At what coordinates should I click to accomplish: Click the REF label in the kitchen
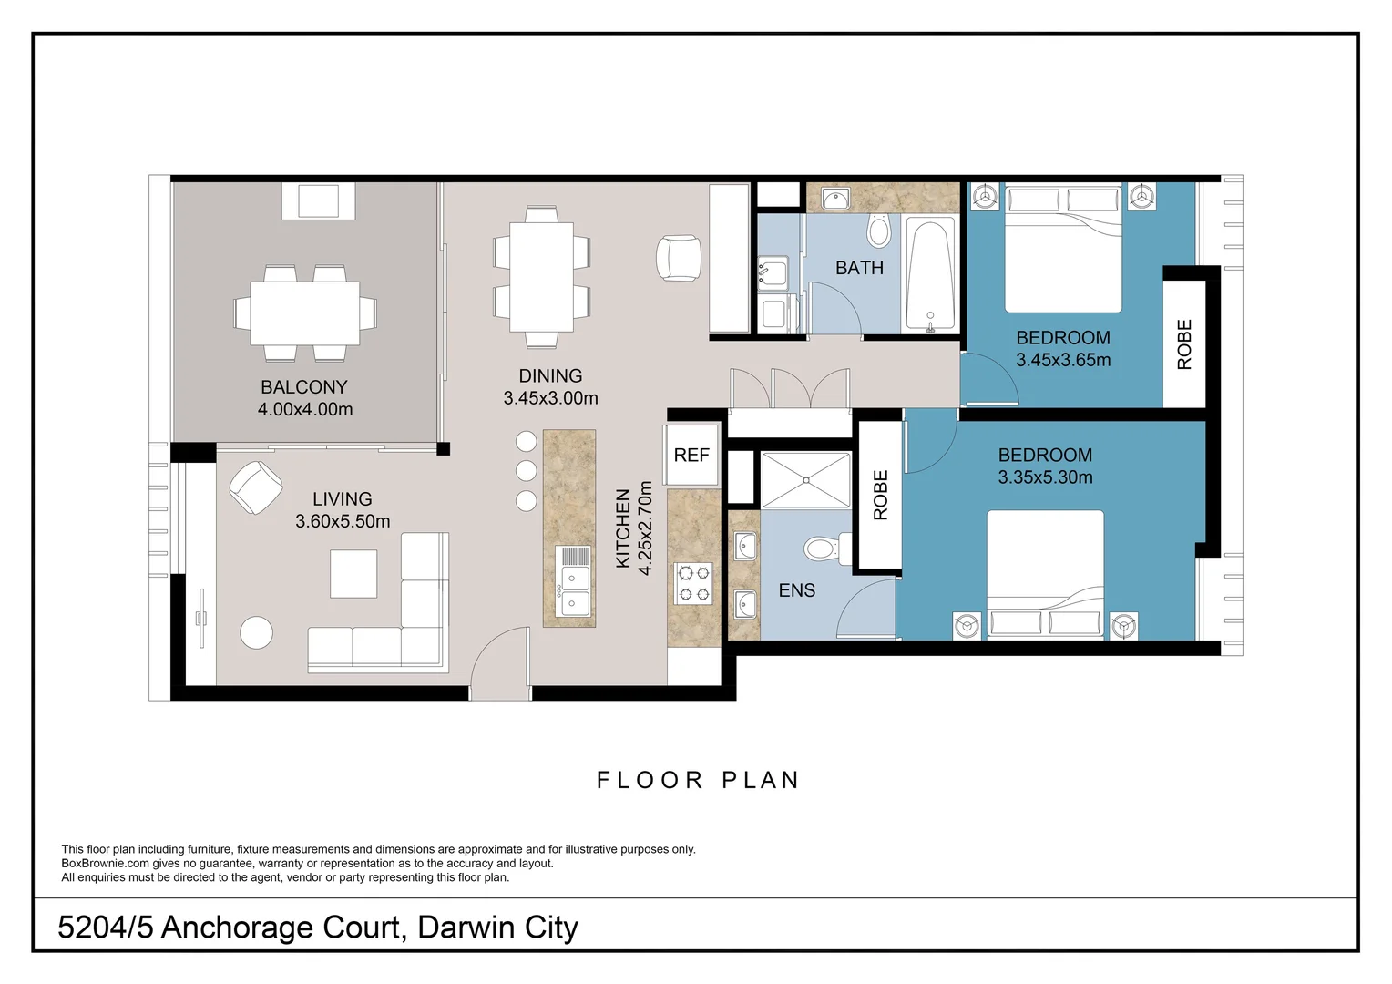point(691,455)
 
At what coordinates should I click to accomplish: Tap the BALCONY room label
point(304,386)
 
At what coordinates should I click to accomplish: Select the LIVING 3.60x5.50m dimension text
point(343,521)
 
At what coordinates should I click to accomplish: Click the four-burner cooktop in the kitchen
point(693,583)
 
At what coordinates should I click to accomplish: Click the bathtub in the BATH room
point(930,272)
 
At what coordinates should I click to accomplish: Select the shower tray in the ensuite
point(806,480)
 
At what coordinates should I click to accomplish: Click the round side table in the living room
point(256,633)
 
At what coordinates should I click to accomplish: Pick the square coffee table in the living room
point(353,573)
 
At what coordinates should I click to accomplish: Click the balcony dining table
point(304,313)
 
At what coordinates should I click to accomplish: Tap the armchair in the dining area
point(679,257)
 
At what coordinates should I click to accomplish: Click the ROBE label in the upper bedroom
point(1184,344)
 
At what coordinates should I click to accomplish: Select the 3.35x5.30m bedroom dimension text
point(1045,477)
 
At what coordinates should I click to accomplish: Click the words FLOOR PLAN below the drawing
point(699,780)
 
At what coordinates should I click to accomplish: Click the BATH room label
point(859,267)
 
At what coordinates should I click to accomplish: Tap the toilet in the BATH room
point(879,230)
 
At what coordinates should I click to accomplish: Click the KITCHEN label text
point(623,528)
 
